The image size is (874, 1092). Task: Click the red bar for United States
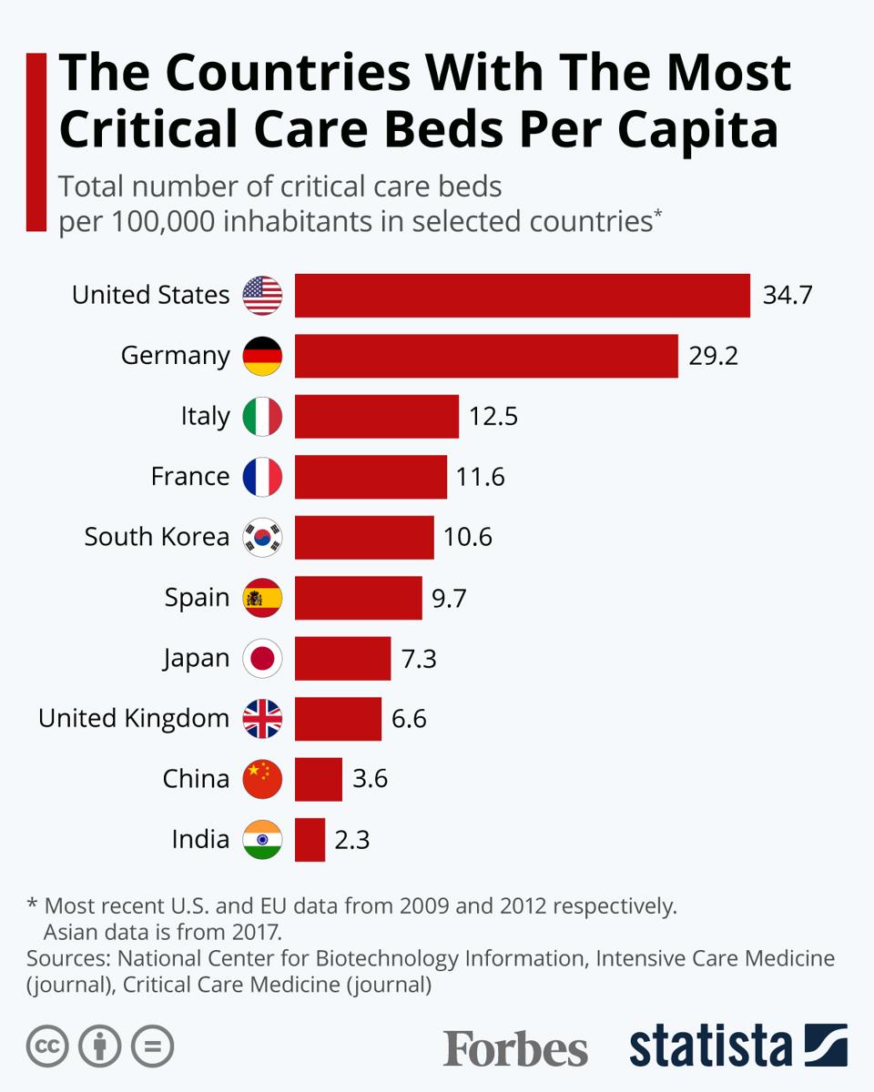pos(522,296)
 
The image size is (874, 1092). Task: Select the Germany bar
pos(486,356)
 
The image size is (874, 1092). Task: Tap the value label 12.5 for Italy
pos(493,417)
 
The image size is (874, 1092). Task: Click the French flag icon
pos(262,477)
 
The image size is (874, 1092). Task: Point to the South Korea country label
pos(157,537)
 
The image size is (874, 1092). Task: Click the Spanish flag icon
pos(262,598)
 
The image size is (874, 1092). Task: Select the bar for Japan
pos(342,658)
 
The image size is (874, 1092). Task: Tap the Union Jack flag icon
pos(262,719)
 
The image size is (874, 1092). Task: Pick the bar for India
pos(310,839)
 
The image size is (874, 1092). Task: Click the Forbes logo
pos(515,1047)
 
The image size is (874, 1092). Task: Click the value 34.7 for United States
pos(787,296)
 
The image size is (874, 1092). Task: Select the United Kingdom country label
pos(134,719)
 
